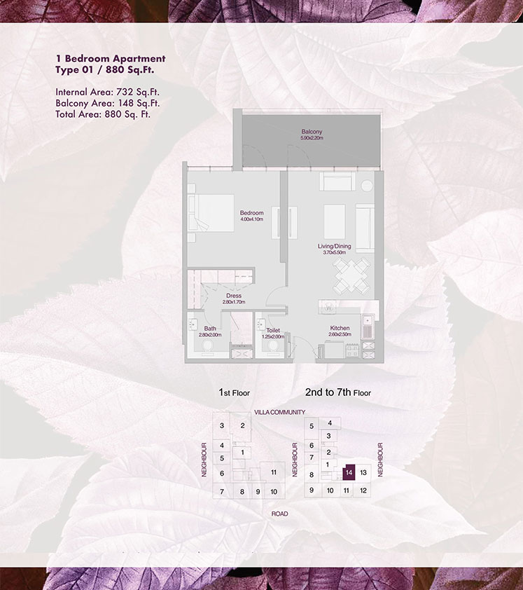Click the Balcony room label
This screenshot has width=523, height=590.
(x=312, y=132)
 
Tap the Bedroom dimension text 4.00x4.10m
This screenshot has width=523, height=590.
(x=251, y=220)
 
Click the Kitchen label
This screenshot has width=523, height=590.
(x=340, y=328)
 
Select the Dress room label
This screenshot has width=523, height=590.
(x=234, y=296)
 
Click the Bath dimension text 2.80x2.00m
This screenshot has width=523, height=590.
(x=210, y=336)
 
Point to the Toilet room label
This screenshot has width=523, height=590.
(x=273, y=329)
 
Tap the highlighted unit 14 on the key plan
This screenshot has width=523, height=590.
(x=348, y=473)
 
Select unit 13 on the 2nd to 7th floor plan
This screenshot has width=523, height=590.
(x=363, y=473)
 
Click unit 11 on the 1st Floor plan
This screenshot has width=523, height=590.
(x=274, y=472)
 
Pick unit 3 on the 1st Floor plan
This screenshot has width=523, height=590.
(x=221, y=425)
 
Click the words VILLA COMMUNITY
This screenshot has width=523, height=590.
(x=280, y=413)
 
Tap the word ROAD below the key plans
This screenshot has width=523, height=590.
(x=280, y=514)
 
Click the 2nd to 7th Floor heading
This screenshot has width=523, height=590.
(x=337, y=393)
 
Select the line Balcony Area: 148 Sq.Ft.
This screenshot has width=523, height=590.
(x=103, y=102)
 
